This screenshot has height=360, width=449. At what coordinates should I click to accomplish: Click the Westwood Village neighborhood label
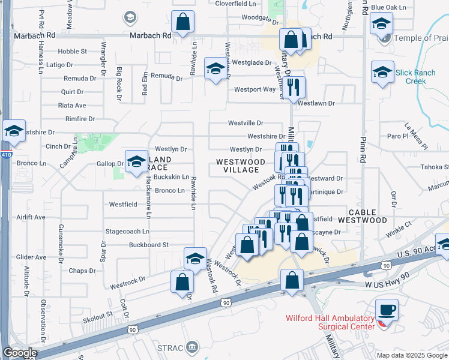click(x=241, y=166)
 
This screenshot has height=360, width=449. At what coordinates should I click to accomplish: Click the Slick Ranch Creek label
click(x=415, y=77)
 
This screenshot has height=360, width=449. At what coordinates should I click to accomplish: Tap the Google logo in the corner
click(x=20, y=353)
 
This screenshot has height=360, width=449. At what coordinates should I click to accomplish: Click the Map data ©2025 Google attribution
click(x=412, y=355)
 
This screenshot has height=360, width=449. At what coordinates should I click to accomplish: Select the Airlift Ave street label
click(x=31, y=217)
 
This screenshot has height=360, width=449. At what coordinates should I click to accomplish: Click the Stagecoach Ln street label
click(x=127, y=231)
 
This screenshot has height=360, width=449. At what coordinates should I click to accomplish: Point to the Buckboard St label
click(x=149, y=245)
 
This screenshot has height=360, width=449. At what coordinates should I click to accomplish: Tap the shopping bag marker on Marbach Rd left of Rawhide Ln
click(x=183, y=22)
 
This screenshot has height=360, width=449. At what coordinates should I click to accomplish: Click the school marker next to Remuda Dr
click(x=214, y=68)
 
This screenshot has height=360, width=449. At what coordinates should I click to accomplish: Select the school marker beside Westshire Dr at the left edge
click(x=13, y=131)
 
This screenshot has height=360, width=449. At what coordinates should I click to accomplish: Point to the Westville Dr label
click(x=246, y=123)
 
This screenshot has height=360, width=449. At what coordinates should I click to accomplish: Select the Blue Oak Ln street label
click(x=388, y=7)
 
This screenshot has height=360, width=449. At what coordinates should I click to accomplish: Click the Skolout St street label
click(x=98, y=315)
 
